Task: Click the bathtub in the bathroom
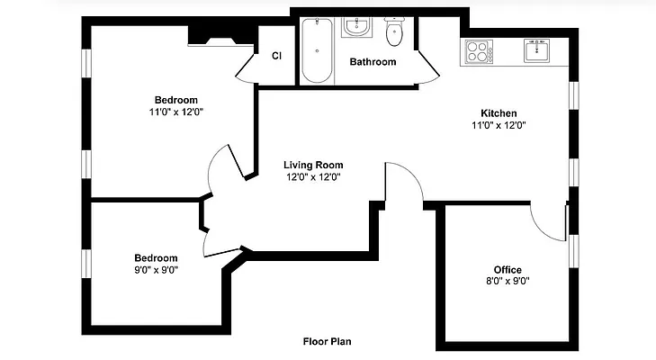coord(316,50)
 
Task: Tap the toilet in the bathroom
coord(393,33)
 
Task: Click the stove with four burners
coord(477,52)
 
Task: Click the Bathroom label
coord(373,62)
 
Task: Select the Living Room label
coord(312,165)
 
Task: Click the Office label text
coord(507,270)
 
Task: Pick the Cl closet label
coord(276,56)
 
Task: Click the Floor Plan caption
coord(326,342)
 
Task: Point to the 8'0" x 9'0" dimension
coord(507,281)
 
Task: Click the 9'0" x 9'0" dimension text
coord(157,269)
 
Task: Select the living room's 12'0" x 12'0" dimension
coord(312,177)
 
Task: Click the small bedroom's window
coord(87,262)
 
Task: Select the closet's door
coord(247,67)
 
